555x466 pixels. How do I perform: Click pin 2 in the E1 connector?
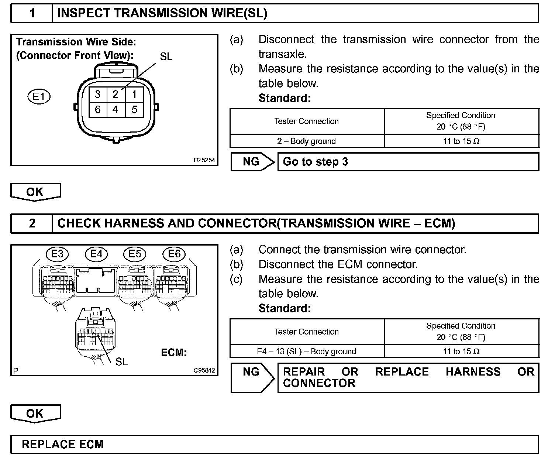coord(116,95)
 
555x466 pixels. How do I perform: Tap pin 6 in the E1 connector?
coord(97,110)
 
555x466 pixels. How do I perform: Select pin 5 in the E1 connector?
coord(134,110)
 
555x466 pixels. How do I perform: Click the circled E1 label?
coord(39,97)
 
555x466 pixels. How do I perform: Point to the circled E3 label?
coord(57,254)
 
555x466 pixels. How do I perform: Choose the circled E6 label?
coord(174,254)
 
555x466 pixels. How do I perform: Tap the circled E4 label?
coord(96,254)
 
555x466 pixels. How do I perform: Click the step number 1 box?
coord(32,14)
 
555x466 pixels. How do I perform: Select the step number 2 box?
coord(32,223)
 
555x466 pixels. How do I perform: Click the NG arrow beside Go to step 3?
coord(252,162)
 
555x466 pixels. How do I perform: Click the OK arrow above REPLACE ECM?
coord(35,414)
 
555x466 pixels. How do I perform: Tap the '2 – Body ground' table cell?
coord(307,141)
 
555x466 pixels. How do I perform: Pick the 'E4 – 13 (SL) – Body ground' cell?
coord(307,351)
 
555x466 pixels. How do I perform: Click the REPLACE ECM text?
coord(63,444)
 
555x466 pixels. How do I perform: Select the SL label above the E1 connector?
coord(166,56)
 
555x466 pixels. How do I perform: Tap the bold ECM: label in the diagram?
coord(174,352)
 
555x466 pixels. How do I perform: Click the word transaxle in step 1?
coord(283,54)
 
